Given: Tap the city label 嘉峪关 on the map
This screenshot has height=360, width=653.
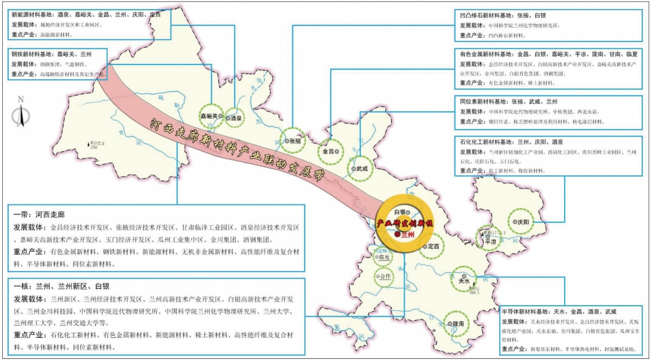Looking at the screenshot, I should click(208, 116).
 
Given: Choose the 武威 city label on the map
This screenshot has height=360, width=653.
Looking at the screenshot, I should click(362, 169).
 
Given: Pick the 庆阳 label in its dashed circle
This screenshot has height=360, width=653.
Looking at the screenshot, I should click(523, 221).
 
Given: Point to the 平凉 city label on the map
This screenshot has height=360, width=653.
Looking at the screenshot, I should click(491, 242).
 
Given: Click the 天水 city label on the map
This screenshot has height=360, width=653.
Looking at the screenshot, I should click(464, 281).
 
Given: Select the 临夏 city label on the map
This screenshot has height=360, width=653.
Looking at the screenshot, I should click(385, 258).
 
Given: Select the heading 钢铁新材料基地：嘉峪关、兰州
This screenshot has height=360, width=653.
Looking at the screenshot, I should click(51, 55).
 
